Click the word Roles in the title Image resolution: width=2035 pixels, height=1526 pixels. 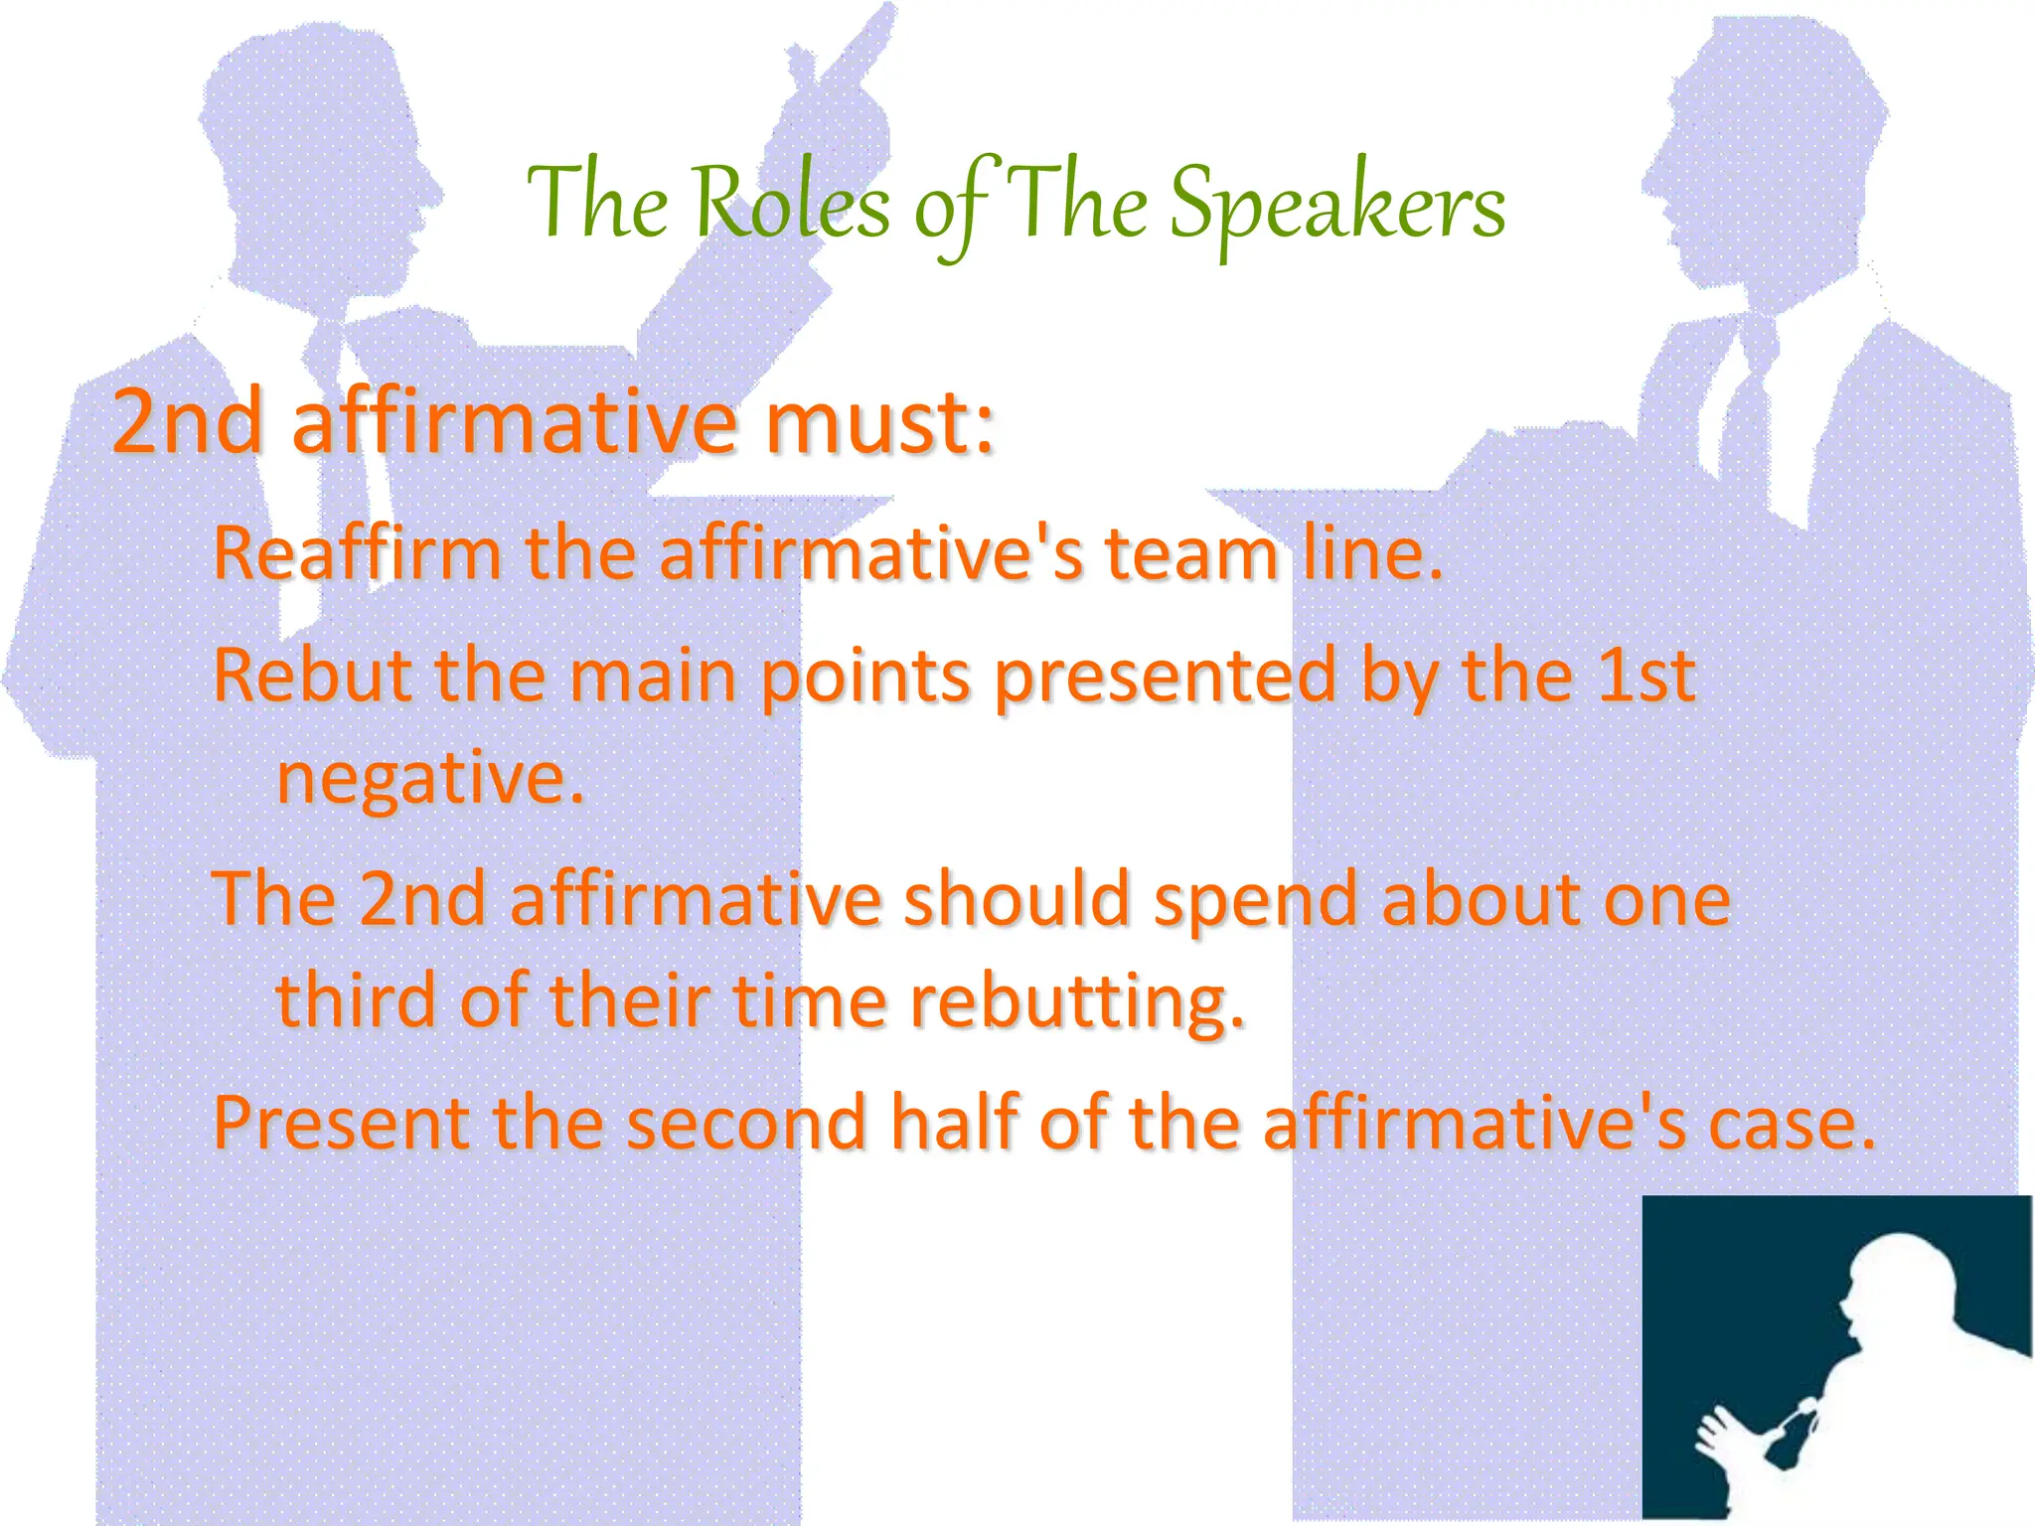[791, 205]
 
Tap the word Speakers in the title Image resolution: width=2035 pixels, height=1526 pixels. [1336, 205]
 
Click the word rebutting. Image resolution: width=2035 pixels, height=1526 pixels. [1077, 1001]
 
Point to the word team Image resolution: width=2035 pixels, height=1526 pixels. [1191, 553]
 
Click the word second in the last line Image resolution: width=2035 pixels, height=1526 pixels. [746, 1123]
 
